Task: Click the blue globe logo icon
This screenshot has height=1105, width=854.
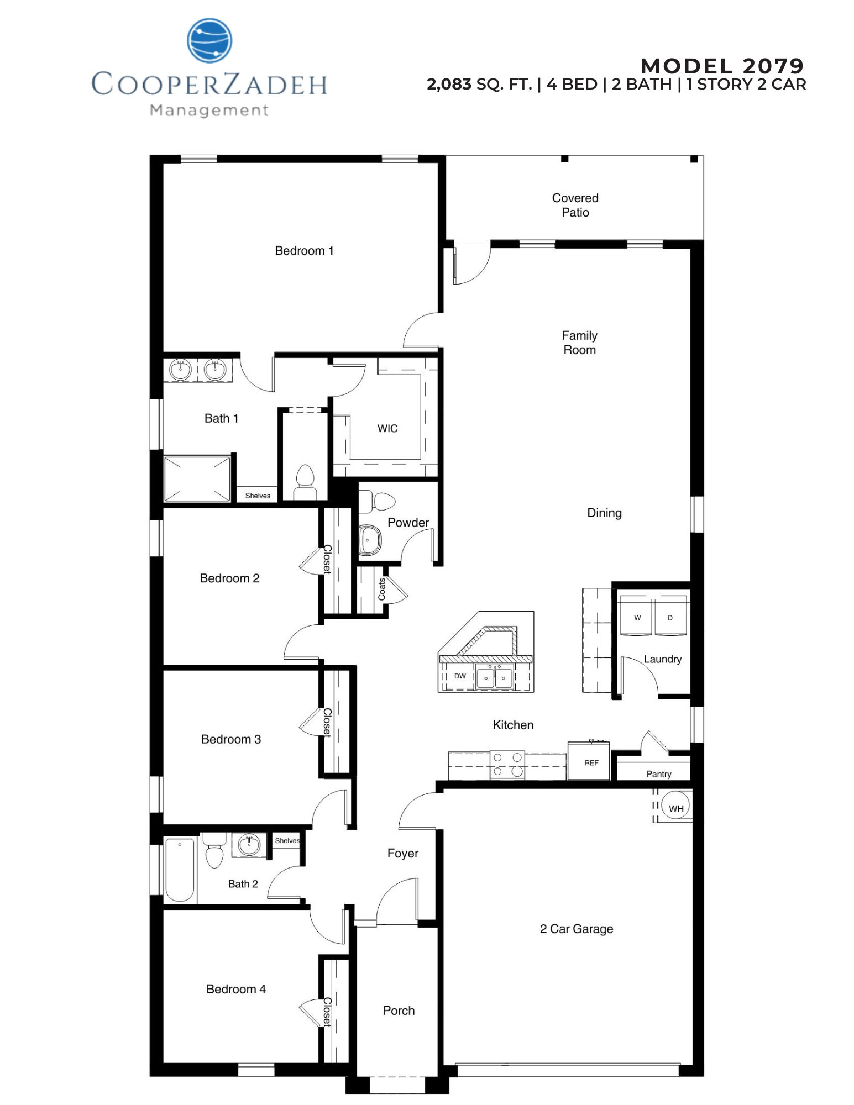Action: [209, 40]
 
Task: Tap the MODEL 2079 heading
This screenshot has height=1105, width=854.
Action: [722, 66]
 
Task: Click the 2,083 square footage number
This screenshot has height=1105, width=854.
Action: [449, 85]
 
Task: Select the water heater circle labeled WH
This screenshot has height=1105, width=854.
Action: [675, 808]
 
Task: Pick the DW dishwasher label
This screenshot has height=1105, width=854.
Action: [460, 676]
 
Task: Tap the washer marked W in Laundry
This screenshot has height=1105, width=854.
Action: [637, 617]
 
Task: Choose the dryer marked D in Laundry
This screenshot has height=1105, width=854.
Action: [670, 617]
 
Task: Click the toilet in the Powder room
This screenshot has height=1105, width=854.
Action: [380, 501]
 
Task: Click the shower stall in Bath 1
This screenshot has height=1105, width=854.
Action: [197, 478]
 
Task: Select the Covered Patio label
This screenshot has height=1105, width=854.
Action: [575, 205]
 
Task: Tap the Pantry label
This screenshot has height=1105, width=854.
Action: [658, 774]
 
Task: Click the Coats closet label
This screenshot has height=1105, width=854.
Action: [381, 589]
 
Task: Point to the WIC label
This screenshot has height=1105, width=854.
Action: [387, 429]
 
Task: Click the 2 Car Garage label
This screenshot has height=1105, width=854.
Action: [576, 929]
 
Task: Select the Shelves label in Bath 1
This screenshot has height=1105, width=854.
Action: [258, 496]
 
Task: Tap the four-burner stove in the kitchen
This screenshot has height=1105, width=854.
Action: [507, 765]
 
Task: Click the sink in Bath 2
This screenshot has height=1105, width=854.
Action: [249, 844]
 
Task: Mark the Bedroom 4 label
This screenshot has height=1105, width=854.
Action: [235, 989]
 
